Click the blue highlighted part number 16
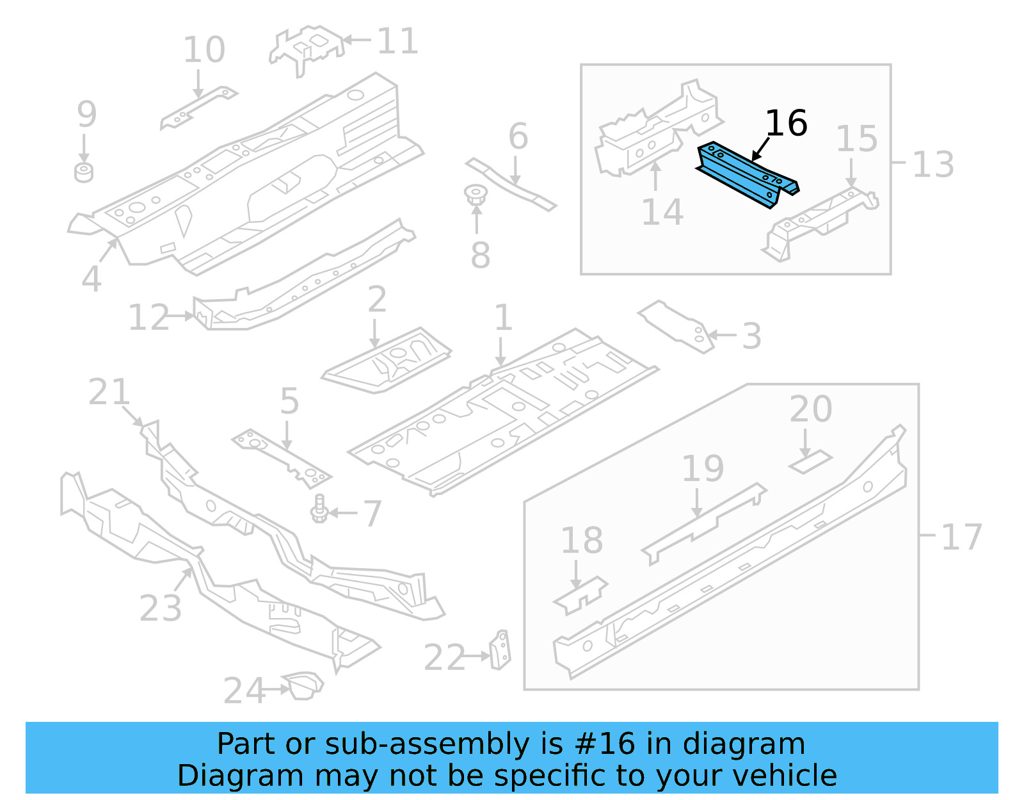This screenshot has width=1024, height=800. [746, 174]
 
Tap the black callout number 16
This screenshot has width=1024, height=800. [786, 123]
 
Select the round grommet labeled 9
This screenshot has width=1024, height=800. [84, 173]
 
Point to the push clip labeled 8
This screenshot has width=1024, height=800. [475, 195]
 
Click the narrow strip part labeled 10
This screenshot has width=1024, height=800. [198, 107]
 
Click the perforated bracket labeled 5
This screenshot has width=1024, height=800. [282, 458]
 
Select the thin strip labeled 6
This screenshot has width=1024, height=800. [510, 184]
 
